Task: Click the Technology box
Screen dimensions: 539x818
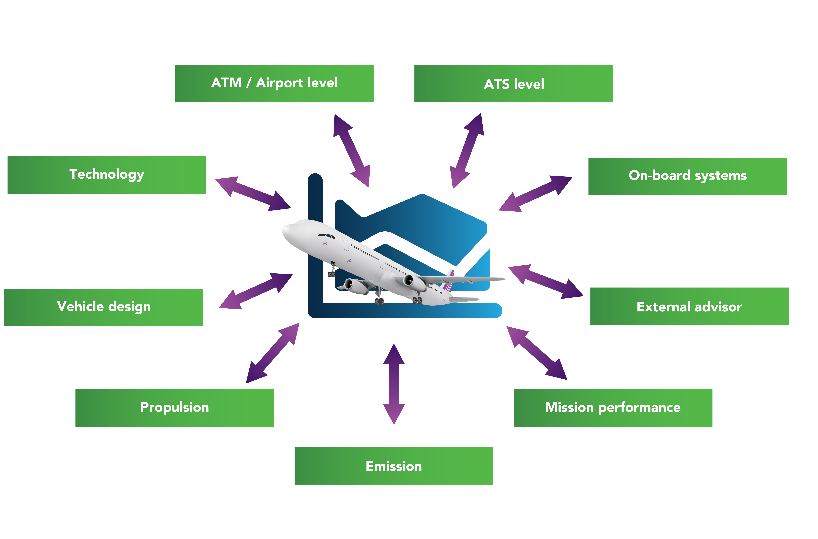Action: coord(107,175)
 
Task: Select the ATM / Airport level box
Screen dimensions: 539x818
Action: coord(274,84)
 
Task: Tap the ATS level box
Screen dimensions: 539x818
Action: coord(514,84)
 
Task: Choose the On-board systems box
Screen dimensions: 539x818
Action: coord(687,176)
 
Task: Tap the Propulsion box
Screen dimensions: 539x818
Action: coord(175,408)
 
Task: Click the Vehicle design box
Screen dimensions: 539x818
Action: coord(103,307)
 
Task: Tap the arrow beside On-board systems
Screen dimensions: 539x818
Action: coord(535,194)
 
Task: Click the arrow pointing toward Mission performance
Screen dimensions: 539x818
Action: coord(537,353)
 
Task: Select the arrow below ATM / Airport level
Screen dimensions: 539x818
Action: coord(352,151)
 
